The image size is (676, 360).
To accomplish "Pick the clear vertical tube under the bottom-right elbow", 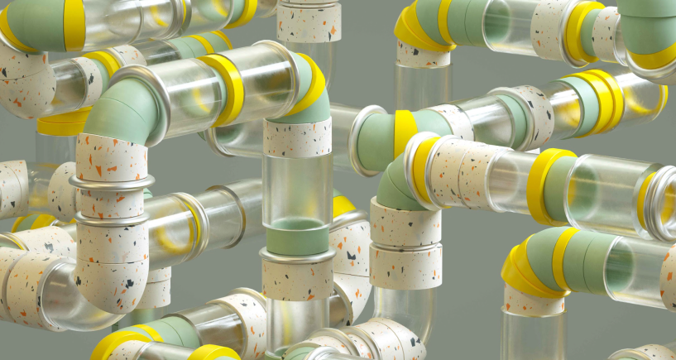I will (534, 335).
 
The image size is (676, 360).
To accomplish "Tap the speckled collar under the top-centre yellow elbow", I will (423, 55).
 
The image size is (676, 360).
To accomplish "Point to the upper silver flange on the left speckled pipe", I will (112, 181).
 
